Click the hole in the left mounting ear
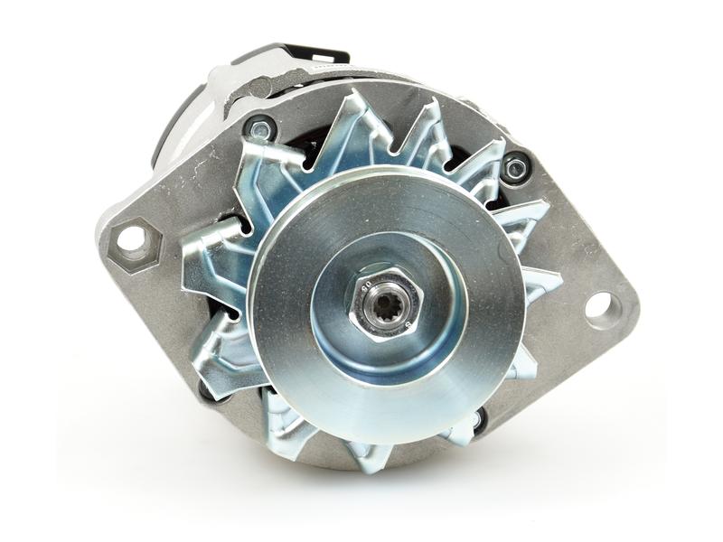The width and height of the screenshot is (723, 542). click(x=131, y=238)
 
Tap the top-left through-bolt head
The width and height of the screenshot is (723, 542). click(x=260, y=129)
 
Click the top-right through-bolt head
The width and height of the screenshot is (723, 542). click(x=516, y=166)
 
